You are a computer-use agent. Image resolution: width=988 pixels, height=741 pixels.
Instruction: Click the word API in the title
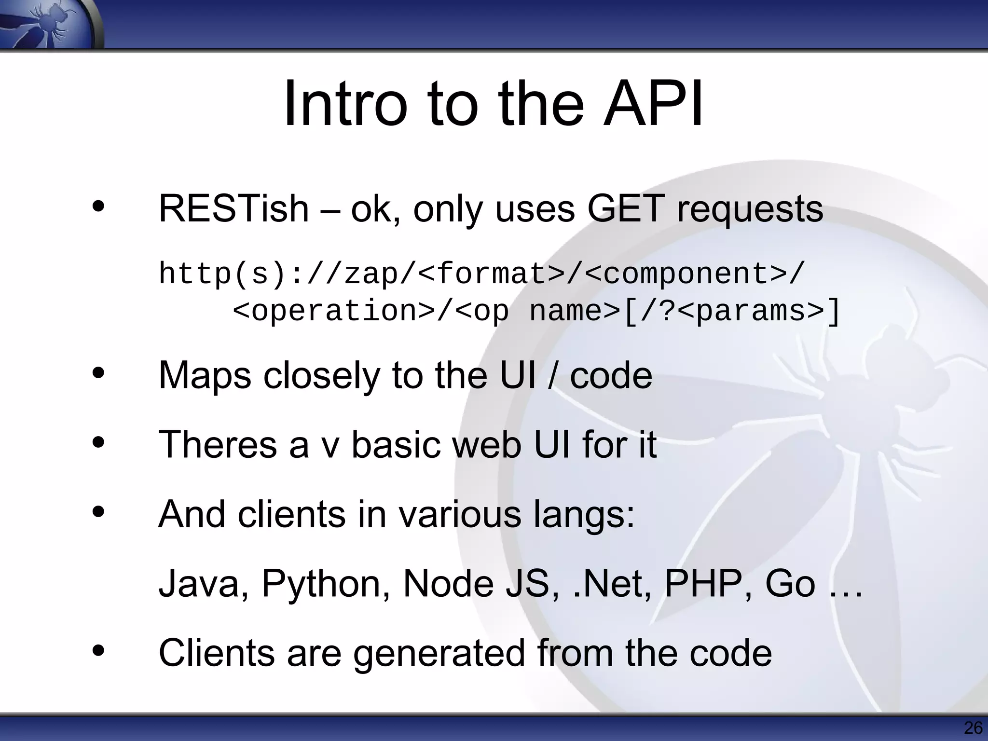click(653, 105)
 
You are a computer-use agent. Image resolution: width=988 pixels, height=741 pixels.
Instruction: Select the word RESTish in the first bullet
click(233, 209)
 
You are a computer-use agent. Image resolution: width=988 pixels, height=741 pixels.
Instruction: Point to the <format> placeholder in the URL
click(492, 274)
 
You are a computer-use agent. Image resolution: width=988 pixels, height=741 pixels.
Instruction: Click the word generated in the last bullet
click(439, 654)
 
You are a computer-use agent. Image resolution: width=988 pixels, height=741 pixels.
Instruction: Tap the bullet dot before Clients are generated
click(98, 651)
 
